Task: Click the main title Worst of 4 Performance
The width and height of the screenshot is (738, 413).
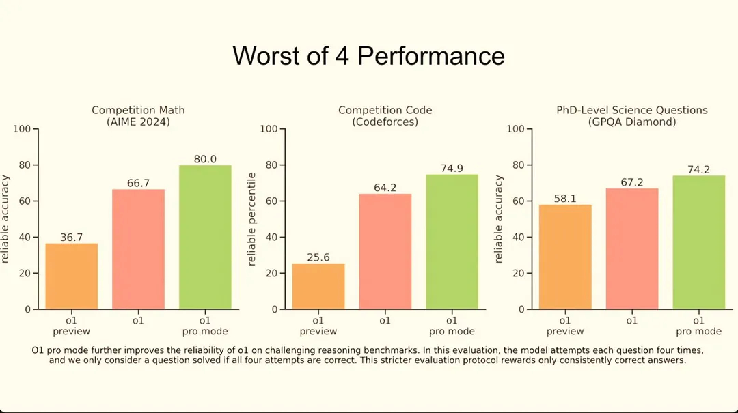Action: pos(368,55)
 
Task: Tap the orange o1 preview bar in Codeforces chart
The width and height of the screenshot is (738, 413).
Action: pos(318,286)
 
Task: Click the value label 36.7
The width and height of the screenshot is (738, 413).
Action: pos(71,236)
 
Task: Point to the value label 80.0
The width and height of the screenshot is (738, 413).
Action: pos(205,158)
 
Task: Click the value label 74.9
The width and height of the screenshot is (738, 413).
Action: pos(452,167)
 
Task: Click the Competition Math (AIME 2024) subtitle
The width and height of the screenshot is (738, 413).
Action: pos(138,115)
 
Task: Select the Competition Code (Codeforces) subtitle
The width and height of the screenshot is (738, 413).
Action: pos(385,115)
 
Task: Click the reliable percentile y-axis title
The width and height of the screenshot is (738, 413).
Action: pos(251,219)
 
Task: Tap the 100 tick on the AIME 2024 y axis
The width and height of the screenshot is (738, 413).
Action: pos(23,129)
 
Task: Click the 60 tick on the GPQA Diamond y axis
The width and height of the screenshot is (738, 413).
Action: pos(518,201)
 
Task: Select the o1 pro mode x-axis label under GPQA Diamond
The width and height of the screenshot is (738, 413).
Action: pos(698,326)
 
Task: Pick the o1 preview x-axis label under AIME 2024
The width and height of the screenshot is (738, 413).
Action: pos(71,326)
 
